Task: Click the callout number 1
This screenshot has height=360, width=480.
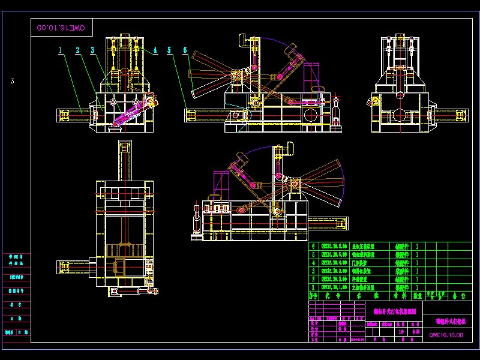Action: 61,51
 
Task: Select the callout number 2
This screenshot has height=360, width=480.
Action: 78,51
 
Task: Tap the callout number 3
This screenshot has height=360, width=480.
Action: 93,51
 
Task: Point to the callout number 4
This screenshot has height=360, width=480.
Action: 155,50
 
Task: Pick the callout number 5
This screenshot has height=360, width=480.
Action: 170,50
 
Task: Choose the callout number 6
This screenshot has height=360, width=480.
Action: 185,50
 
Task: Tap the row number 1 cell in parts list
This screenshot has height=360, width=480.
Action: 312,288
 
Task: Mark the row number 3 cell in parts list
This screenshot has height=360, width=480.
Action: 312,271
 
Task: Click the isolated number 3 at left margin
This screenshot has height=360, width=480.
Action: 12,81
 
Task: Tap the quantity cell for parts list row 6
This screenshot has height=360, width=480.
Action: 417,246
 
